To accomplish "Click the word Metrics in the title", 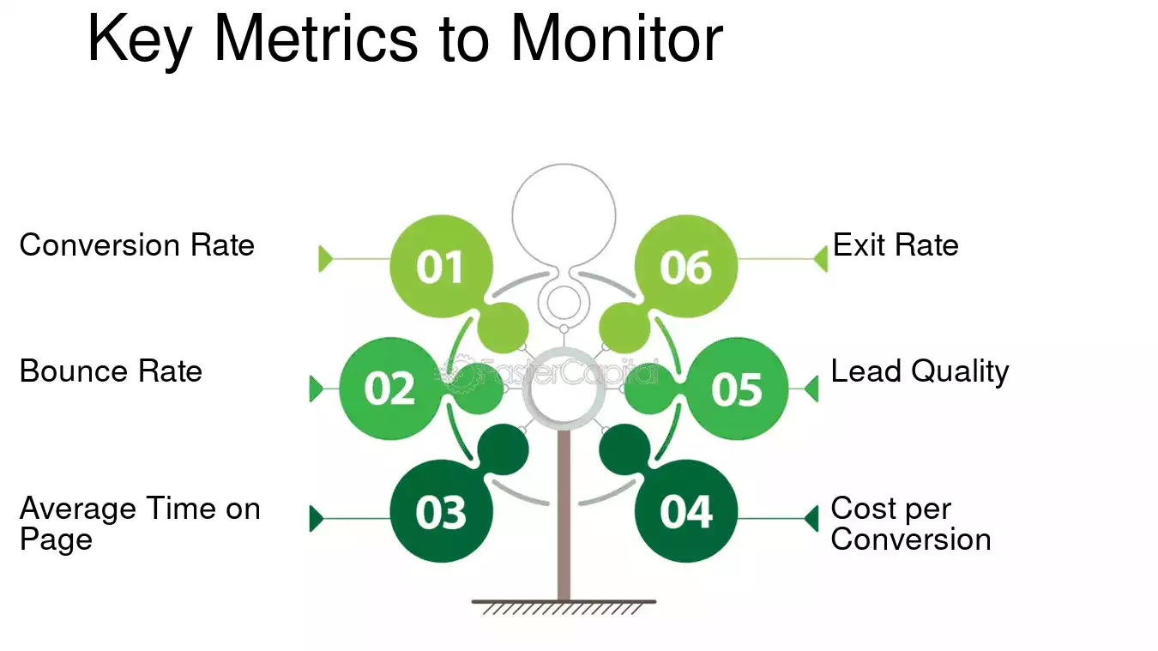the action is point(316,39).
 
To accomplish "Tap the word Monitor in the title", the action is point(617,39).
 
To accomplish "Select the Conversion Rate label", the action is point(137,244).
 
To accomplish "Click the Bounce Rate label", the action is point(111,371).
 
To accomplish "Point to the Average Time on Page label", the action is point(140,523).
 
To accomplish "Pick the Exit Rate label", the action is point(896,244).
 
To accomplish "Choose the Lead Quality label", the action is point(920,372).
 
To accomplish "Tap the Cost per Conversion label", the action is point(911,523).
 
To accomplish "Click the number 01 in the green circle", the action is point(440,268).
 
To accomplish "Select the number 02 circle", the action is point(389,389).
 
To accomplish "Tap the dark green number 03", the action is point(440,512).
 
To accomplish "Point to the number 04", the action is point(686,512).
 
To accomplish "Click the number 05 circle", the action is point(737,389).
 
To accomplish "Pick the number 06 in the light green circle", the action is point(685,268).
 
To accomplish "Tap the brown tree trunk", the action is point(564,515).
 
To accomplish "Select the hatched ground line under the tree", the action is point(564,607).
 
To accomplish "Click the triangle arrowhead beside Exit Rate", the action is point(821,258).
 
